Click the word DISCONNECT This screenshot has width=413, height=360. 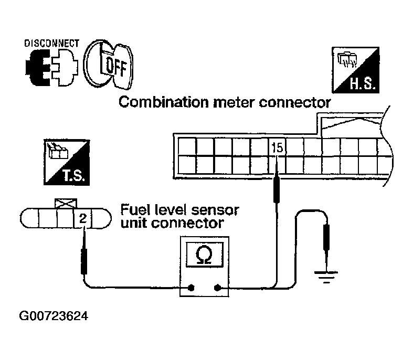click(x=51, y=43)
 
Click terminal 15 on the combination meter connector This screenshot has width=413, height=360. click(x=278, y=149)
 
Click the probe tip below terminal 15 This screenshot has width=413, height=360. click(x=274, y=189)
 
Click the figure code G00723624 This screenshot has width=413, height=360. click(x=53, y=316)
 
